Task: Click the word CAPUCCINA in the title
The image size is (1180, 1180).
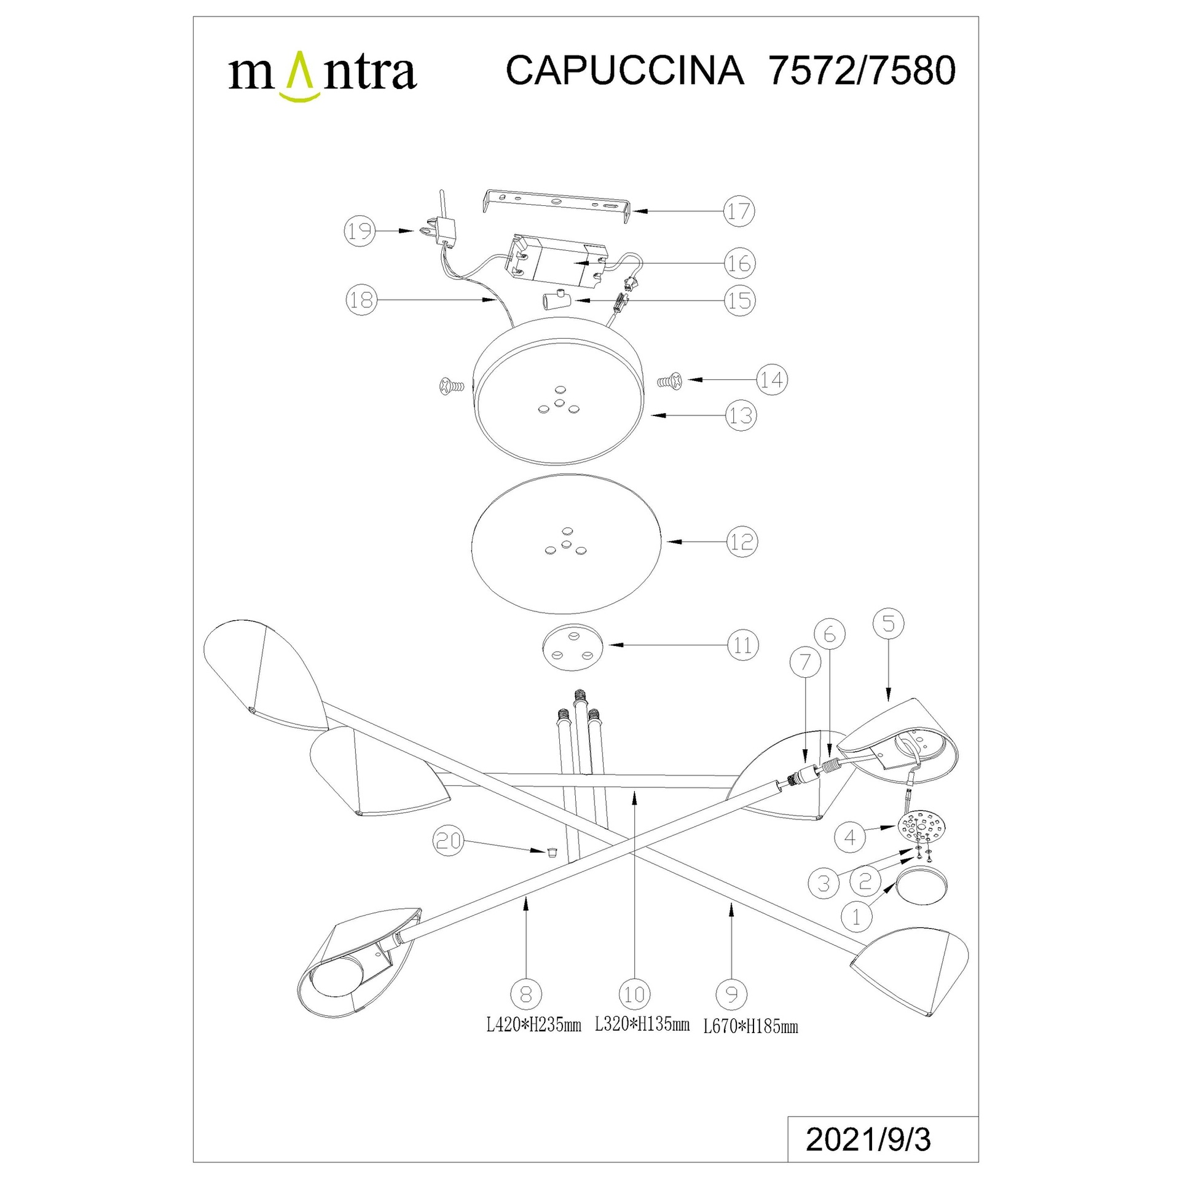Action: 624,71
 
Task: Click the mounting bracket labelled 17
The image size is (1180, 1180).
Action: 557,205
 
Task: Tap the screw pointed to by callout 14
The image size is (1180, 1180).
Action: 671,381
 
